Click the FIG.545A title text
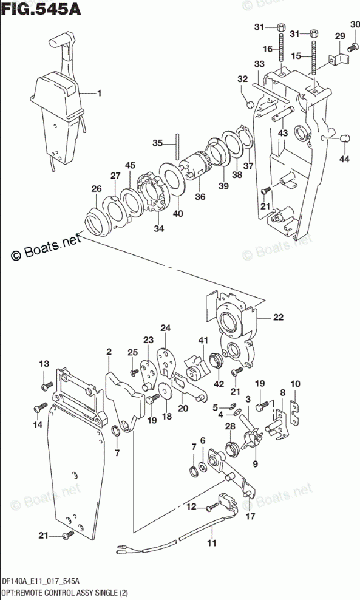coord(41,9)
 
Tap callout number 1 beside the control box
coord(99,93)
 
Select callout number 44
coord(345,158)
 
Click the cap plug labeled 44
coord(345,138)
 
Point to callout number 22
coord(278,317)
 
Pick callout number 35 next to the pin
coord(158,143)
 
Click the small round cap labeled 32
coord(250,104)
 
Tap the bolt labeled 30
coord(352,48)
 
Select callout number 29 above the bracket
coord(340,36)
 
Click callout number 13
coord(44,364)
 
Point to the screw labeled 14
coord(40,408)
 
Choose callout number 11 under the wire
coord(211,542)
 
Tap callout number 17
coord(250,517)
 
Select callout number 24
coord(166,328)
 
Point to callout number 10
coord(295,384)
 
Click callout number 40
coord(177,214)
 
